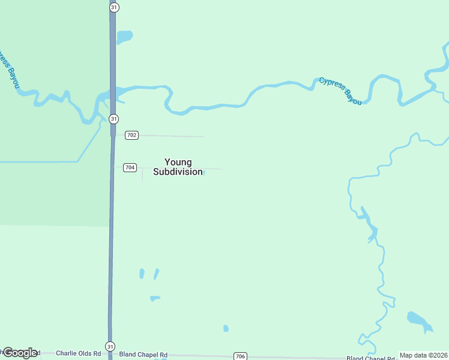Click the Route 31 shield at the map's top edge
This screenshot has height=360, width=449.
[114, 7]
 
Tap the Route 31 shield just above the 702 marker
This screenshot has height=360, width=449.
[113, 119]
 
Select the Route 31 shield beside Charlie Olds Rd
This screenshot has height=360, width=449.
[110, 347]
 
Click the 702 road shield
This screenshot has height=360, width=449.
[131, 135]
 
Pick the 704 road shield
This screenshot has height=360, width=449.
[130, 167]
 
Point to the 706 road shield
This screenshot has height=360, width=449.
[240, 356]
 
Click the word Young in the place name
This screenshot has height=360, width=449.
[178, 162]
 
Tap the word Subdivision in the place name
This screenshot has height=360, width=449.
[178, 172]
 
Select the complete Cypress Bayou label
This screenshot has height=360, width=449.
[340, 91]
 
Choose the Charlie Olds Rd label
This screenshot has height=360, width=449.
[78, 354]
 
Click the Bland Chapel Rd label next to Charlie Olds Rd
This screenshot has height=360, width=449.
[143, 355]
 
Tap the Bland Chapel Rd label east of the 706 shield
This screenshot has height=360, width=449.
[372, 358]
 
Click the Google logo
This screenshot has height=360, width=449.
[20, 353]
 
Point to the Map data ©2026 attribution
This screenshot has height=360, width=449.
[423, 355]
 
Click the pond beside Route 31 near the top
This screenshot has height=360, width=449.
[124, 37]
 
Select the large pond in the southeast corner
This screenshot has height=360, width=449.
[419, 321]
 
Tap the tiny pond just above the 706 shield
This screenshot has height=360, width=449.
[226, 328]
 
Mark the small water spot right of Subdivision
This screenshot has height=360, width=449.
[203, 173]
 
